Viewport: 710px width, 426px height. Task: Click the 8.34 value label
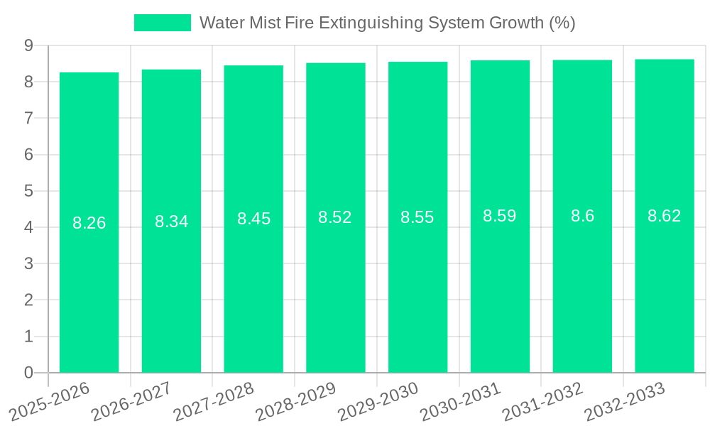click(x=172, y=222)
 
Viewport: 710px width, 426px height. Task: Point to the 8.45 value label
click(x=254, y=219)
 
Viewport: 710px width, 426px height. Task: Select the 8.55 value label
click(x=417, y=217)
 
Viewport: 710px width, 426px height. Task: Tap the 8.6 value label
click(x=583, y=216)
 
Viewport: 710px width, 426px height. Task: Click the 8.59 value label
click(x=500, y=216)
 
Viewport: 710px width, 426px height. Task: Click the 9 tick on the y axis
click(x=29, y=45)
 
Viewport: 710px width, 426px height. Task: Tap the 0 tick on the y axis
click(x=29, y=373)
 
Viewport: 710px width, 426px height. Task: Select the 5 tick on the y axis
click(x=29, y=191)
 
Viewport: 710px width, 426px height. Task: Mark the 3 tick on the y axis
click(x=29, y=263)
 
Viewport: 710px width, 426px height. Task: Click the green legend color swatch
click(x=163, y=23)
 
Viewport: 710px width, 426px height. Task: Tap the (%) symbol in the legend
click(x=562, y=23)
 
